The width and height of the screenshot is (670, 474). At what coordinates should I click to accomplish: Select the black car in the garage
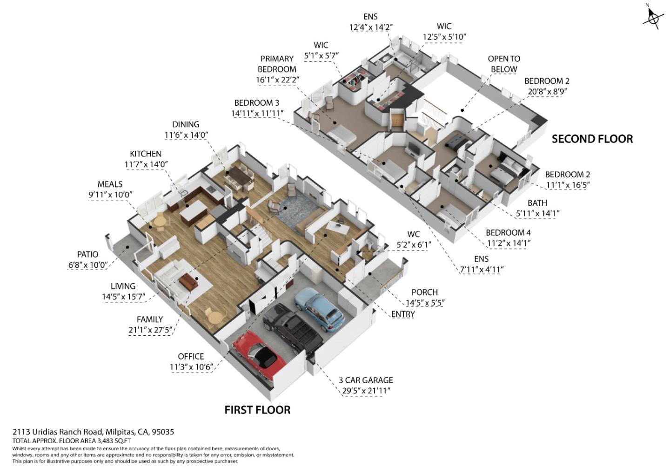pyautogui.click(x=292, y=329)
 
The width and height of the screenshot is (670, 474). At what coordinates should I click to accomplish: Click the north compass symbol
pyautogui.click(x=653, y=18)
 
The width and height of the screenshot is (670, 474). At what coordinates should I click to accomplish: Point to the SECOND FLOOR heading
pyautogui.click(x=592, y=139)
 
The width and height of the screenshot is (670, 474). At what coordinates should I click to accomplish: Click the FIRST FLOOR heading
pyautogui.click(x=257, y=410)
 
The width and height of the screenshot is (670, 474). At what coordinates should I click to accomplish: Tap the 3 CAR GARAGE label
pyautogui.click(x=366, y=380)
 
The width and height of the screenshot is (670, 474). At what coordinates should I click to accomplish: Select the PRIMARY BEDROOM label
pyautogui.click(x=277, y=64)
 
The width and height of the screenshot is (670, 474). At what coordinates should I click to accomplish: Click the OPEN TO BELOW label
pyautogui.click(x=504, y=64)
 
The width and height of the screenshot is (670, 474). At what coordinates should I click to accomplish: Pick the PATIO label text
pyautogui.click(x=87, y=254)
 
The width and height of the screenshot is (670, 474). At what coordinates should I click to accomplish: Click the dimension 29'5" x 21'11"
pyautogui.click(x=366, y=391)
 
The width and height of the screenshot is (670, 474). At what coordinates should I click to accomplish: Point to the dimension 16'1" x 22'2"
pyautogui.click(x=277, y=80)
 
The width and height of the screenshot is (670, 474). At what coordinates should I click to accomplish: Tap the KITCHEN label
pyautogui.click(x=146, y=154)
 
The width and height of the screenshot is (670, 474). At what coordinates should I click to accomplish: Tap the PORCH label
pyautogui.click(x=424, y=292)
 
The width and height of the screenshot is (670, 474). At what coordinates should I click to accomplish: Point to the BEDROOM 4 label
pyautogui.click(x=508, y=232)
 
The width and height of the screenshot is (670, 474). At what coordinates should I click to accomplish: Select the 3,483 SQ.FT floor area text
pyautogui.click(x=114, y=440)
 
